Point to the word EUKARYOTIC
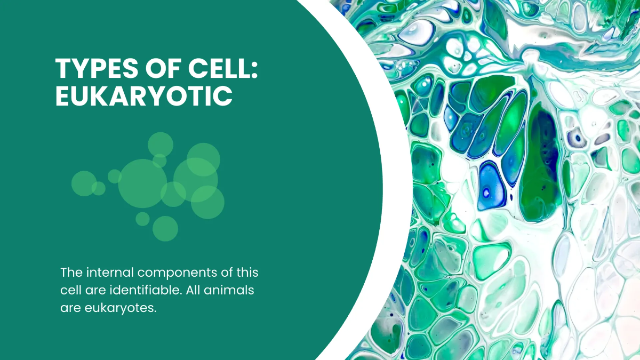click(x=144, y=97)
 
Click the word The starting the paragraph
click(x=71, y=273)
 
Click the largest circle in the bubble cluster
click(x=142, y=183)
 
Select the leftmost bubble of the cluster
click(x=83, y=183)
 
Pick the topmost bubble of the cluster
click(x=161, y=144)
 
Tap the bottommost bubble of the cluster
click(x=165, y=228)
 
